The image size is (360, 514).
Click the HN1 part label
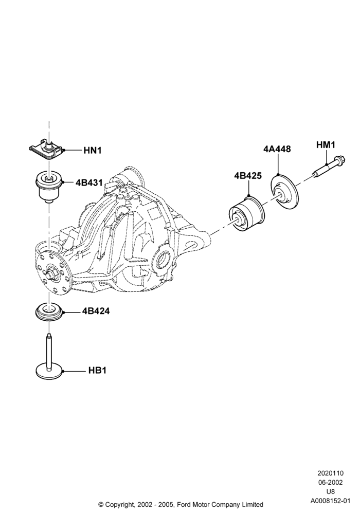coord(93,151)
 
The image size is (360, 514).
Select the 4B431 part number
coord(89,182)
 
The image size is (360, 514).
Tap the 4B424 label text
coord(96,311)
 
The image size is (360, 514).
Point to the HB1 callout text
coord(97,371)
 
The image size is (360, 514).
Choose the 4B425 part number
coord(248,176)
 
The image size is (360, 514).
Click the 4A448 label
coord(277,149)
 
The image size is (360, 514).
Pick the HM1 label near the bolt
coord(326,145)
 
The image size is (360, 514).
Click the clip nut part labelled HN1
coord(46,150)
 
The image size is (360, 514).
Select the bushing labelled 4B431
coord(48,188)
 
